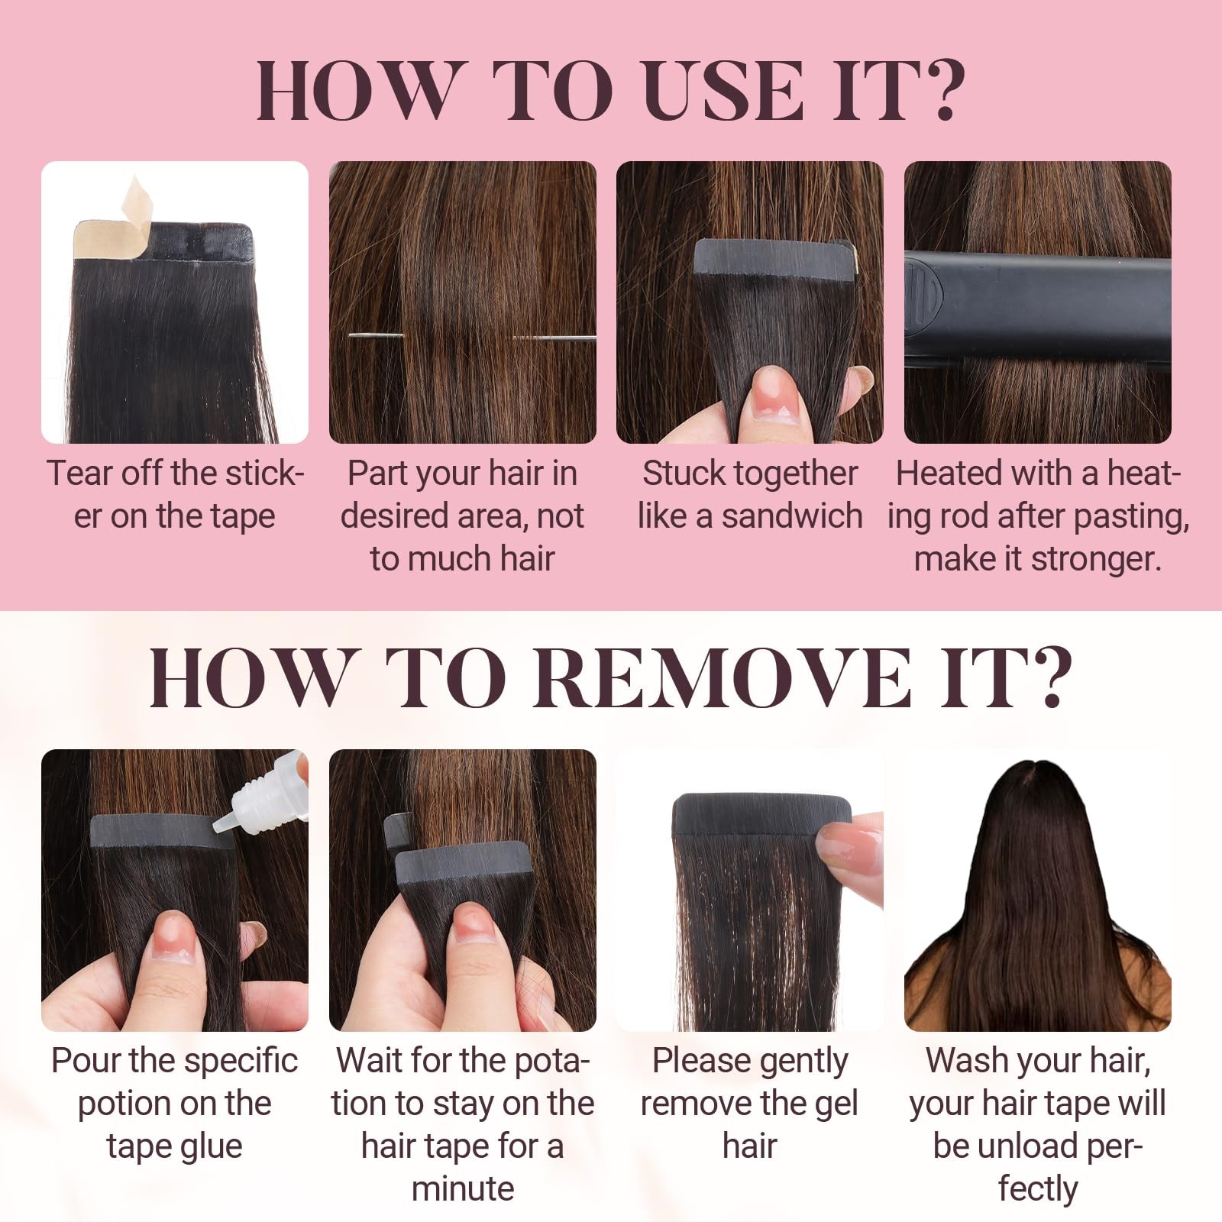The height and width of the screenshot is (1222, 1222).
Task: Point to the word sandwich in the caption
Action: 791,517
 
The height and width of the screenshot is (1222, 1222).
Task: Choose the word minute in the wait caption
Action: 463,1189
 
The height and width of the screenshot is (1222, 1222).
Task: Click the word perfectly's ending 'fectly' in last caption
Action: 1037,1189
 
